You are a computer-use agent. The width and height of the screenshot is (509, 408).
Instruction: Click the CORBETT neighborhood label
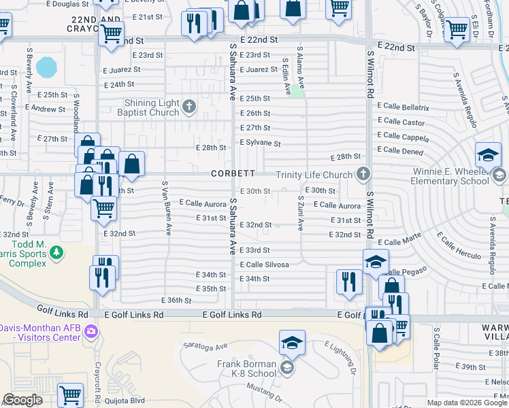(233, 173)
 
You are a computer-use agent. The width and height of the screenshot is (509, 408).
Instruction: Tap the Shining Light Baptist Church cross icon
(189, 107)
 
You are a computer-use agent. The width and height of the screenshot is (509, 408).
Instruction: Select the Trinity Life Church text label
(314, 175)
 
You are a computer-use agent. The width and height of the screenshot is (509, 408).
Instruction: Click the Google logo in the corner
(22, 400)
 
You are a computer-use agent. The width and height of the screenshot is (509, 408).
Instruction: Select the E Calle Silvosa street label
(264, 265)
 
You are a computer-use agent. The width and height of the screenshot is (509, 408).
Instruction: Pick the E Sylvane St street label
(260, 143)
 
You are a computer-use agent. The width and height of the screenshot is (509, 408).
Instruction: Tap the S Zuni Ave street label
(300, 214)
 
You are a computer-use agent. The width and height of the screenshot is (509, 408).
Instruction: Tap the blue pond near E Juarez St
(46, 67)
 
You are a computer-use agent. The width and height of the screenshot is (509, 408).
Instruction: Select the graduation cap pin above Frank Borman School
(292, 341)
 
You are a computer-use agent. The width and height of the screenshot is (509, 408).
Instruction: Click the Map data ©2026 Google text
(467, 403)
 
